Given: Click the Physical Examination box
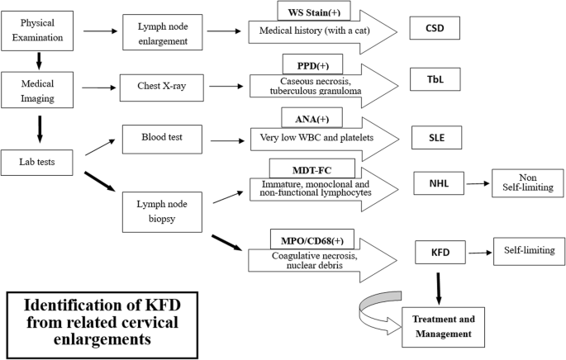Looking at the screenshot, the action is [37, 31].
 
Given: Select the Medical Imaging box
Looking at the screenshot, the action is [37, 90].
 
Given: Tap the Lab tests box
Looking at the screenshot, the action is [37, 163].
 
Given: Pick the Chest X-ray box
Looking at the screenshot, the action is [162, 88].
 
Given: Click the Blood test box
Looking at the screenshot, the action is [162, 140].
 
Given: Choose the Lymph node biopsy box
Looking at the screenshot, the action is [162, 212].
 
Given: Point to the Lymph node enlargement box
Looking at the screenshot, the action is [163, 32].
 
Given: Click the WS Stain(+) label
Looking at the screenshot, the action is [314, 12].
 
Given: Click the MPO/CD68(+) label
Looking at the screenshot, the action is [312, 239].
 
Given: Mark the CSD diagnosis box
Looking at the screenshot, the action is [435, 28].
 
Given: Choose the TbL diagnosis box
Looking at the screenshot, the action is [435, 79].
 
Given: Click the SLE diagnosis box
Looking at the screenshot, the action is [437, 137].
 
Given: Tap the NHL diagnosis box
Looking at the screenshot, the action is [439, 183].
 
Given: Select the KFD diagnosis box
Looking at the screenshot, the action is [440, 252].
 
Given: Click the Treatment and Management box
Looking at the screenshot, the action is [443, 327].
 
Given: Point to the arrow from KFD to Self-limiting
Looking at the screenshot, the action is [480, 253].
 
